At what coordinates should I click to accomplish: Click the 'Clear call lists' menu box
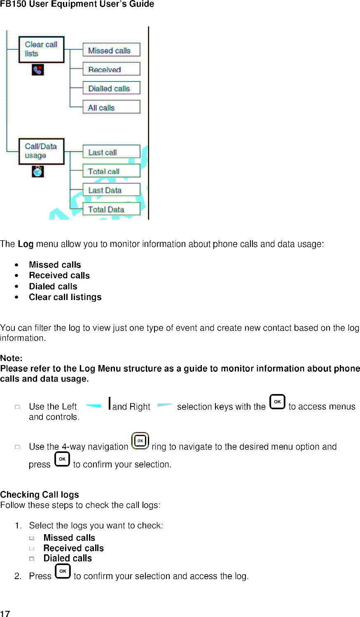pyautogui.click(x=42, y=49)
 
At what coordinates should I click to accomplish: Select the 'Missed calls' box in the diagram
pyautogui.click(x=111, y=50)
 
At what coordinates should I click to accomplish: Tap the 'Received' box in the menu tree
pyautogui.click(x=111, y=69)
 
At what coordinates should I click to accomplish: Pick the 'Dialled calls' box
pyautogui.click(x=111, y=88)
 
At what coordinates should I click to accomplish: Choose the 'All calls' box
pyautogui.click(x=111, y=107)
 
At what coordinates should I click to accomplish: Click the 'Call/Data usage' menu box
pyautogui.click(x=42, y=151)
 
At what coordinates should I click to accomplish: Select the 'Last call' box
pyautogui.click(x=111, y=152)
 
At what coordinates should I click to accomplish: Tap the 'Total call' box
pyautogui.click(x=111, y=171)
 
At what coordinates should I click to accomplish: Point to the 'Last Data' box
pyautogui.click(x=111, y=190)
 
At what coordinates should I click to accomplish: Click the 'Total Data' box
pyautogui.click(x=111, y=209)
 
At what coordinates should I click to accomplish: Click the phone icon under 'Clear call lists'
pyautogui.click(x=37, y=70)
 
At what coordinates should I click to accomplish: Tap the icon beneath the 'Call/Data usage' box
pyautogui.click(x=37, y=171)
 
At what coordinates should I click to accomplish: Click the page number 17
pyautogui.click(x=5, y=613)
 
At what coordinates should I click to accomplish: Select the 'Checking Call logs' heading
pyautogui.click(x=40, y=495)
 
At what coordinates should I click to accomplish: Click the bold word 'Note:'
pyautogui.click(x=11, y=358)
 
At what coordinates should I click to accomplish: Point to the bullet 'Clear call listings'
pyautogui.click(x=65, y=297)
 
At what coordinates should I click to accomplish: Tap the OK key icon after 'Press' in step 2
pyautogui.click(x=63, y=571)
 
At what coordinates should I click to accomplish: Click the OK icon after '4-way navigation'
pyautogui.click(x=140, y=441)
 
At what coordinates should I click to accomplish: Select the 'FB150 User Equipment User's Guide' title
pyautogui.click(x=77, y=4)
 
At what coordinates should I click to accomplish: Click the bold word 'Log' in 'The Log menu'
pyautogui.click(x=26, y=244)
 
